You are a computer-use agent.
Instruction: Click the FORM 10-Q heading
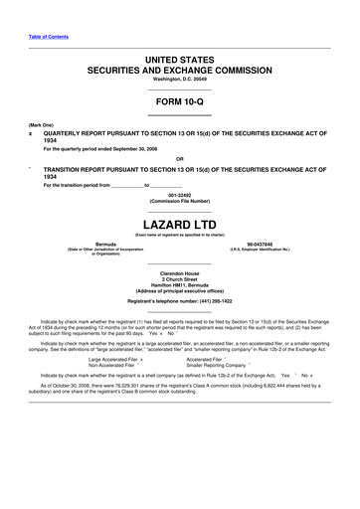pyautogui.click(x=179, y=100)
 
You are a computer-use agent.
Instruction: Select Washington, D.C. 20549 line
pyautogui.click(x=179, y=80)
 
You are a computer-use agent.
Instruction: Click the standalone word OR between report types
pyautogui.click(x=179, y=158)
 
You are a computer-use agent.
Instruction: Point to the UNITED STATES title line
pyautogui.click(x=179, y=61)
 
